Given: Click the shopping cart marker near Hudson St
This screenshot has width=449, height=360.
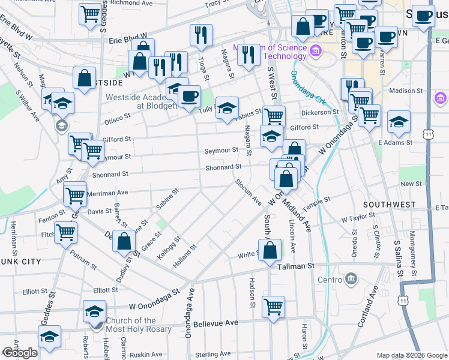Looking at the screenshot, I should pyautogui.click(x=273, y=307).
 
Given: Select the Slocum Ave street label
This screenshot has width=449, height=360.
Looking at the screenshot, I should pyautogui.click(x=248, y=191).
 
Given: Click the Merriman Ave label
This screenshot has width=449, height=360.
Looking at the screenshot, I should pyautogui.click(x=108, y=193).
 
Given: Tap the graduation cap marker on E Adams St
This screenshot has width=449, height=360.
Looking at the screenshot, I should pyautogui.click(x=399, y=124).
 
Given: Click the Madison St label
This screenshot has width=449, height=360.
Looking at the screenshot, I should pyautogui.click(x=406, y=91).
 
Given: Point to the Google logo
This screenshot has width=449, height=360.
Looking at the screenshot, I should pyautogui.click(x=20, y=352).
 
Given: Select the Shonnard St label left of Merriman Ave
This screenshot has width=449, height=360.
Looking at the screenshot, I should pyautogui.click(x=110, y=174).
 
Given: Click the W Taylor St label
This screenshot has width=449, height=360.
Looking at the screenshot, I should pyautogui.click(x=358, y=220).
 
